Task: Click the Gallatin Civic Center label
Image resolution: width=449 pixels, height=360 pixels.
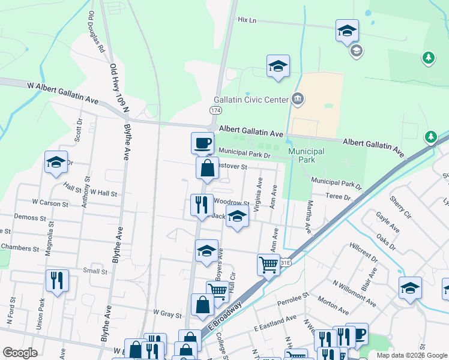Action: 251,100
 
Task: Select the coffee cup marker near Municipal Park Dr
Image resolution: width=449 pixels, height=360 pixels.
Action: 202,143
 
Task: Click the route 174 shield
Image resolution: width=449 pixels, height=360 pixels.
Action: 215,110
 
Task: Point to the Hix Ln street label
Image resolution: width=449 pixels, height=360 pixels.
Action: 247,20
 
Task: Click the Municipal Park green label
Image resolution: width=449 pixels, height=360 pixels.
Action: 306,156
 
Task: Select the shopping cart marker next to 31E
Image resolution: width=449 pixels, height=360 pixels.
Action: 268,264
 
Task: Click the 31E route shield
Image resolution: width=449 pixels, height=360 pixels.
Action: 286,262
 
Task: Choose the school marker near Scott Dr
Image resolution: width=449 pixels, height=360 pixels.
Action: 56,162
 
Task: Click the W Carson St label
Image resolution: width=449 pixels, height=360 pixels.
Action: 50,203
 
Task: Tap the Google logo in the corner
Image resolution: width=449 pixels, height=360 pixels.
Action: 20,353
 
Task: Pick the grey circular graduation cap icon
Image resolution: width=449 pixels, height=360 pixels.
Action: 356,50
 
